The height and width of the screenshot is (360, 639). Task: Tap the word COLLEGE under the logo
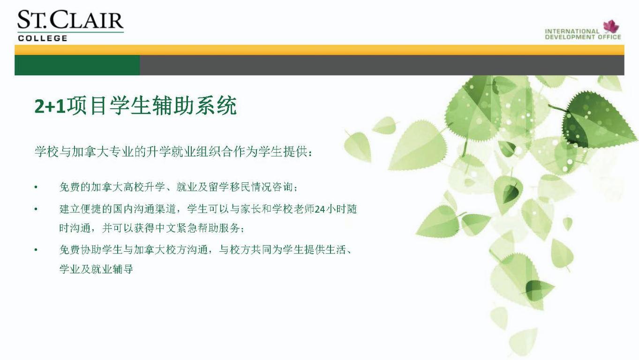tap(43, 38)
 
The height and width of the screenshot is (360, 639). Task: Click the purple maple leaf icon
tap(611, 27)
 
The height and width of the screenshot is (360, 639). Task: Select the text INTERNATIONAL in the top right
tap(572, 31)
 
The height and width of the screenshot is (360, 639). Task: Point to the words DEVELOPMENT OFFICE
tap(583, 37)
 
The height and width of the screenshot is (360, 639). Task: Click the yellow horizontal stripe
tap(320, 50)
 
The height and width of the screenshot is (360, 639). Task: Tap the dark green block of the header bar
tap(77, 65)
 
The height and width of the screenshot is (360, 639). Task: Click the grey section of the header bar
tap(382, 65)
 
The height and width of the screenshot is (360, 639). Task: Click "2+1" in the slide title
tap(50, 106)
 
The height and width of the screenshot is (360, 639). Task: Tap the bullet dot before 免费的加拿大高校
tap(36, 187)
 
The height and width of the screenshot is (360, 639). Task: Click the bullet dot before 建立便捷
tap(36, 209)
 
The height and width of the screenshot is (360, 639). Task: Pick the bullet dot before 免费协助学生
tap(36, 250)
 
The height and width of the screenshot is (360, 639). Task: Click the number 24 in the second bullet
tap(320, 210)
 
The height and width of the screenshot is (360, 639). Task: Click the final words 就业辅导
tap(112, 269)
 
